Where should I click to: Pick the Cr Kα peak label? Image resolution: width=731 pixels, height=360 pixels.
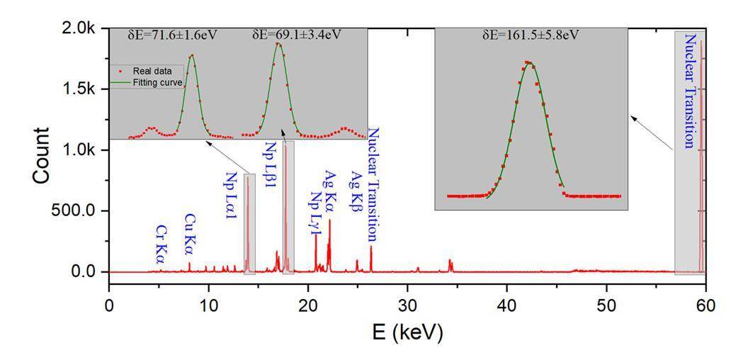pos(161,244)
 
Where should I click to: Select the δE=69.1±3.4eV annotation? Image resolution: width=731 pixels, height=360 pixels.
pos(297,34)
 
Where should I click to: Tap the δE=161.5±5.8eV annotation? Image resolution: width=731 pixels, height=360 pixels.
pos(533,34)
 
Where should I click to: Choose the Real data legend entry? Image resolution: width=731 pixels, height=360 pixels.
pos(157,71)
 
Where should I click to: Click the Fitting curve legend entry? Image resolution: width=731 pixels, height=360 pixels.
pos(159,82)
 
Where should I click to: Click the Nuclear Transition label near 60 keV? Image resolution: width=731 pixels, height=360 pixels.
pos(689,90)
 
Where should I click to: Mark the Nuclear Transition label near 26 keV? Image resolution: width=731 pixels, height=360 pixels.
pos(373,185)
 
